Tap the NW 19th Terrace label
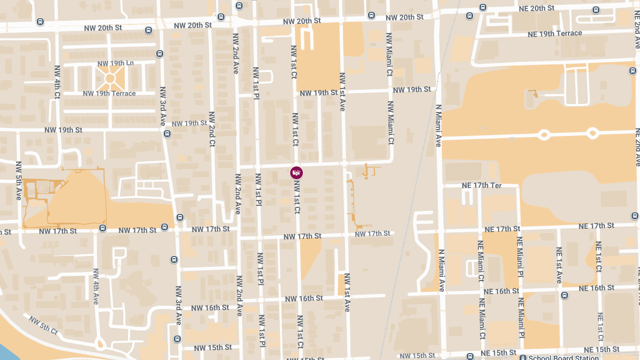pyautogui.click(x=109, y=93)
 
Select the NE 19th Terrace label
pyautogui.click(x=555, y=33)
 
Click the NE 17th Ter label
pyautogui.click(x=481, y=186)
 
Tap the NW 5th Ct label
pyautogui.click(x=43, y=325)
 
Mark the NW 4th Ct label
pyautogui.click(x=57, y=82)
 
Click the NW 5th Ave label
pyautogui.click(x=19, y=180)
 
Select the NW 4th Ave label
pyautogui.click(x=96, y=286)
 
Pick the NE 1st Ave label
pyautogui.click(x=559, y=265)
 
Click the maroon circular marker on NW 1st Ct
pyautogui.click(x=297, y=172)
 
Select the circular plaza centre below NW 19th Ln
pyautogui.click(x=110, y=78)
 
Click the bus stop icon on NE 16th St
pyautogui.click(x=564, y=295)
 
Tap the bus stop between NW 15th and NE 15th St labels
pyautogui.click(x=470, y=356)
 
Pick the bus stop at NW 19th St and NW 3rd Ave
pyautogui.click(x=167, y=133)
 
